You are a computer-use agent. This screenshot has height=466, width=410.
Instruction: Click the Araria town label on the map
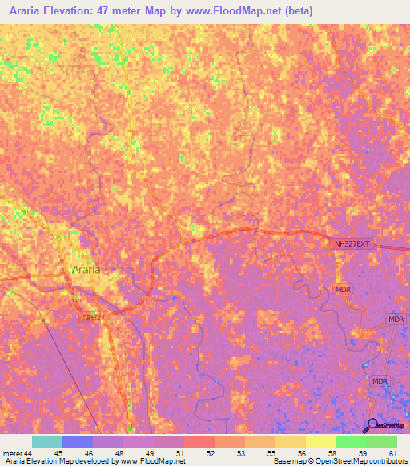[x=86, y=270]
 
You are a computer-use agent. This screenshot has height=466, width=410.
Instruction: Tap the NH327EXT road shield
[x=352, y=243]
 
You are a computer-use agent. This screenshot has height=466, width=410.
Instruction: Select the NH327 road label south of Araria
[x=94, y=318]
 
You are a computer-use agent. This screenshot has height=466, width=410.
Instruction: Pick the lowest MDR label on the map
[x=380, y=381]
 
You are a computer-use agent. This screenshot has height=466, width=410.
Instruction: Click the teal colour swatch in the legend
[x=47, y=441]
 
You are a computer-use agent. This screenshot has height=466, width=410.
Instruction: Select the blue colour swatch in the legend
[x=78, y=441]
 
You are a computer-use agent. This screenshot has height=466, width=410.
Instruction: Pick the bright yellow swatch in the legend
[x=321, y=441]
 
